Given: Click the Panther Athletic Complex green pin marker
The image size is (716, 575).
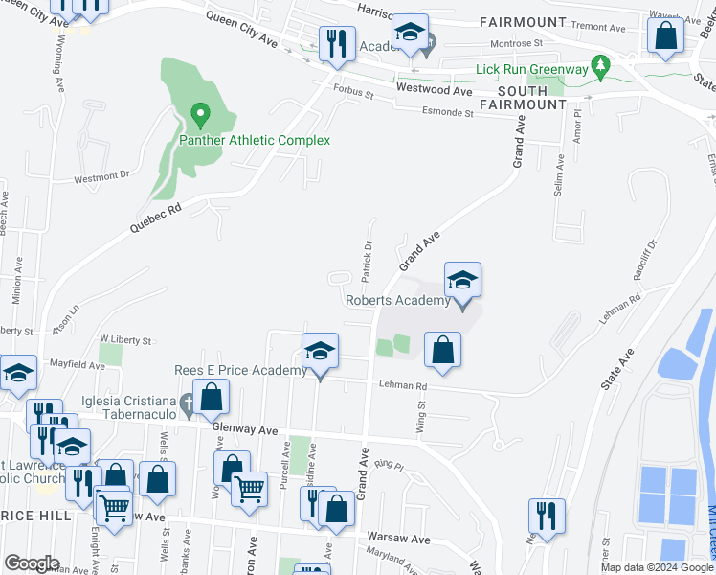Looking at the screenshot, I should click(x=200, y=116).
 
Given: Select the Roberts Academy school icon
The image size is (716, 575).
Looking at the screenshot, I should click(x=462, y=281).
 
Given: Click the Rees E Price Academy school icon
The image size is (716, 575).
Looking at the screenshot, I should click(x=321, y=351).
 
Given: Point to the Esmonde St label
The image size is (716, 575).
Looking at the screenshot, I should click(x=449, y=112).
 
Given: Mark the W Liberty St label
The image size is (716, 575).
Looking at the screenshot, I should click(x=125, y=340).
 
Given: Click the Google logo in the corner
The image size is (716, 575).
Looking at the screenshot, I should click(x=32, y=563).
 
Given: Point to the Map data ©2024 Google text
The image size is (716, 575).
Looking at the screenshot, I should click(x=657, y=567).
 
